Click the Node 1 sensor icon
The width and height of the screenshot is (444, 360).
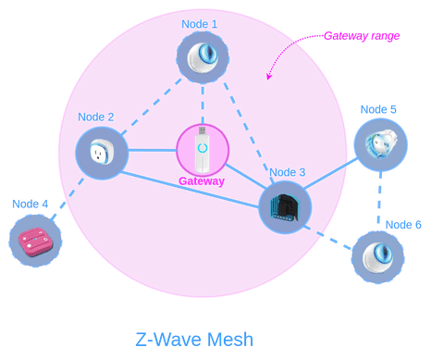click(203, 57)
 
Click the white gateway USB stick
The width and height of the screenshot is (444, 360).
click(203, 149)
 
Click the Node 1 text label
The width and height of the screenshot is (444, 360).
click(200, 22)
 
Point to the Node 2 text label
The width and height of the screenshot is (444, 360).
click(96, 117)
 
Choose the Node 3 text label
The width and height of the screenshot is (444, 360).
click(287, 171)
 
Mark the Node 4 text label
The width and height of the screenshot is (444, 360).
click(31, 204)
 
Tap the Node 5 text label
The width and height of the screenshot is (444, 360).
click(379, 109)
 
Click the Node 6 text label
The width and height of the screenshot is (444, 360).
click(403, 225)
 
